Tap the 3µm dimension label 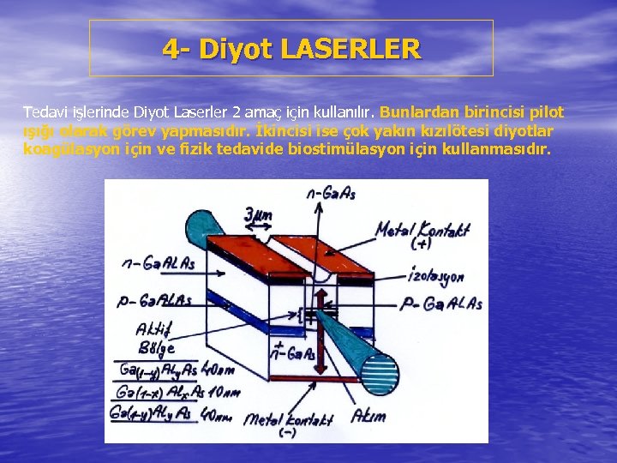point(258,214)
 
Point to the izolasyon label point(435,277)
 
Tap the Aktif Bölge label point(155,338)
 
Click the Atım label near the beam point(369,417)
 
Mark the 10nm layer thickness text point(225,393)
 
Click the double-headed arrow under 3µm point(258,227)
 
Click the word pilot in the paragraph point(545,112)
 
